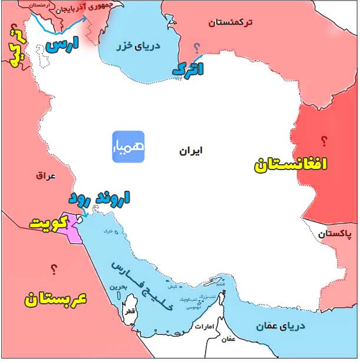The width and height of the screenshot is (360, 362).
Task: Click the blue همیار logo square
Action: (128, 147)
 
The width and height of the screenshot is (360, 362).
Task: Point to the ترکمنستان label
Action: (230, 22)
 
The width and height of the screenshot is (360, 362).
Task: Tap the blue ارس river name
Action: (63, 45)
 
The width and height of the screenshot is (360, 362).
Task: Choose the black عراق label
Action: (45, 175)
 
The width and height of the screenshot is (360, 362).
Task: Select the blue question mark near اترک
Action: (197, 47)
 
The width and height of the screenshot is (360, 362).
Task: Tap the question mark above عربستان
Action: (54, 270)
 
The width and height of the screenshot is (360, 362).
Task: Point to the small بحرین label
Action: (115, 288)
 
